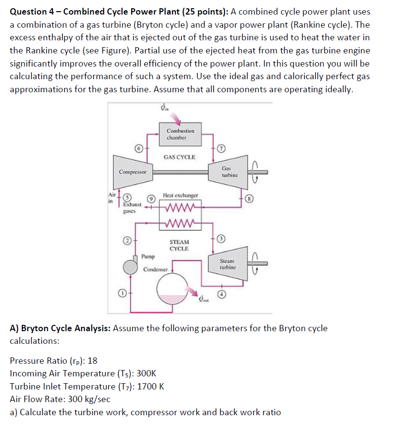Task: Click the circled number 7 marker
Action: [221, 148]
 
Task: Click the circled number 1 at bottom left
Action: [123, 293]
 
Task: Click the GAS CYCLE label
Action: [180, 157]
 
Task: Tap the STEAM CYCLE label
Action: [179, 245]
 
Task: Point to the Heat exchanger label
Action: [180, 195]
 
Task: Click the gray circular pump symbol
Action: [131, 267]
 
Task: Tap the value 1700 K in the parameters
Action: [151, 387]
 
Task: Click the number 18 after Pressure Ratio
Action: [92, 361]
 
